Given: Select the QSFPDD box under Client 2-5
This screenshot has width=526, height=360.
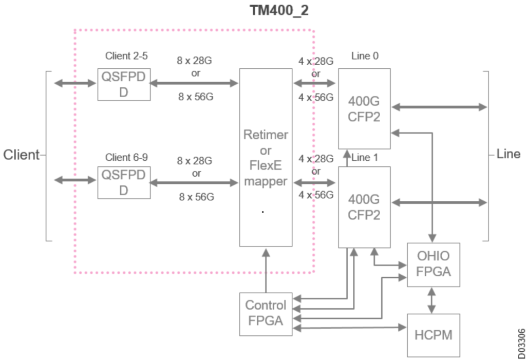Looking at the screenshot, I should point(124,84).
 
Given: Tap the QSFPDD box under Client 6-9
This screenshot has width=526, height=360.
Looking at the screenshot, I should point(124,182).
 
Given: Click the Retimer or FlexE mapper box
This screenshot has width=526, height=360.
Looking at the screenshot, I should point(266,158).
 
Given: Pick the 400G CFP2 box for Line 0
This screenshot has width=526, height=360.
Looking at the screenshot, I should point(364,108).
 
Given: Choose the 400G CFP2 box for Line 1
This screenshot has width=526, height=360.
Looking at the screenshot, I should point(364,206).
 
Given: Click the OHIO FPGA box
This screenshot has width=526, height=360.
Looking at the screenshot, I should point(433,264).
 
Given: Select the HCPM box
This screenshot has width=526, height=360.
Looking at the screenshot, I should point(433,335).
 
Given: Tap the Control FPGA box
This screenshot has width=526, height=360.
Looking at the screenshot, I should point(266,313).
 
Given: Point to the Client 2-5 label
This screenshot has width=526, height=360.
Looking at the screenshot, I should point(126,56).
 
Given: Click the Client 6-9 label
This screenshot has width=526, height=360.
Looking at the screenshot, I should point(126,157).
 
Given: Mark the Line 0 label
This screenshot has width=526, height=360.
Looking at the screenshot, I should point(365,56).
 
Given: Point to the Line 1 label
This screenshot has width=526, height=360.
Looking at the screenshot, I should point(365,158).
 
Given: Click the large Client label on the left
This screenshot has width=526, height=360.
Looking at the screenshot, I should point(22,155).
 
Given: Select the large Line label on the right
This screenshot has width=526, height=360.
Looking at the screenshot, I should point(509,154).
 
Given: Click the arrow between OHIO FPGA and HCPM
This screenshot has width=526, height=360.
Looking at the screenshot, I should point(431,300).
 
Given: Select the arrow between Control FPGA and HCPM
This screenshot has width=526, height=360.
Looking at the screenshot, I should point(349,327).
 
